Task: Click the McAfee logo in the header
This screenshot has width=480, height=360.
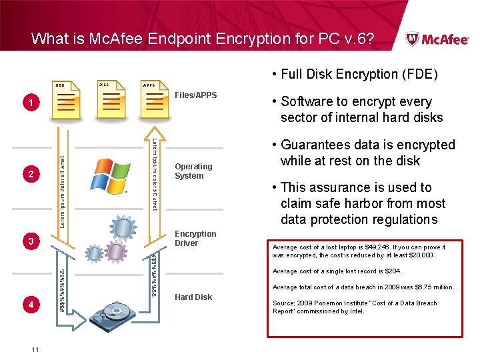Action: point(437,39)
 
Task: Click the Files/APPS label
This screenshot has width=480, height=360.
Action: point(195,95)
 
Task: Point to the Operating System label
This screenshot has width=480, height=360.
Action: point(193,171)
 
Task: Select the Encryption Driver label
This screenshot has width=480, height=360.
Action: point(195,239)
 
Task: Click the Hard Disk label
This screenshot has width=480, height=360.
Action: point(193,297)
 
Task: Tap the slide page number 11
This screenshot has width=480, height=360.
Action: point(34,349)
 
